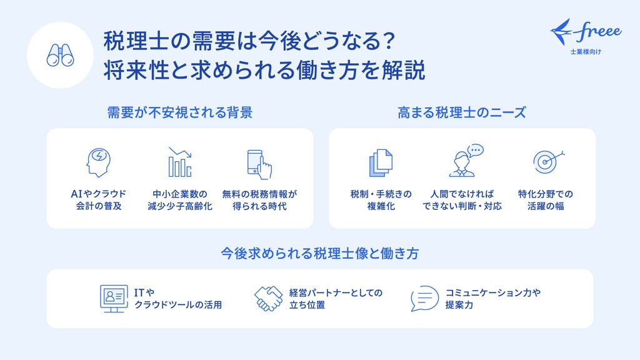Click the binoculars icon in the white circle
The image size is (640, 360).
60,55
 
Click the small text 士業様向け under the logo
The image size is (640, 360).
586,52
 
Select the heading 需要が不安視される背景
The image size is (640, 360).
180,112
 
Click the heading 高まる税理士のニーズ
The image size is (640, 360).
462,112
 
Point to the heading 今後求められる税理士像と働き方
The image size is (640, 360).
320,254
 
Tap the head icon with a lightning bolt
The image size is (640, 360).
98,162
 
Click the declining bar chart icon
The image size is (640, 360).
180,162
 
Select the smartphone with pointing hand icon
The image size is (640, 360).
259,164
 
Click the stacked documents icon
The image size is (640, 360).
381,163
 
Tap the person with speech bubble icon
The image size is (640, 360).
466,161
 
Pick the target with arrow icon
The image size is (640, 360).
548,162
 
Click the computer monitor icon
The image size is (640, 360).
114,299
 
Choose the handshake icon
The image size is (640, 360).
268,299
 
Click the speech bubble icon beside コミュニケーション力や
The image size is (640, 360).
424,299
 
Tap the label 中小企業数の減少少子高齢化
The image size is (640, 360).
180,200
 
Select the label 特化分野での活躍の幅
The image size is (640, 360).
545,200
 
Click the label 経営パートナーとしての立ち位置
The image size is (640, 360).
336,299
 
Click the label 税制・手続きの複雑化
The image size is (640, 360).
381,200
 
